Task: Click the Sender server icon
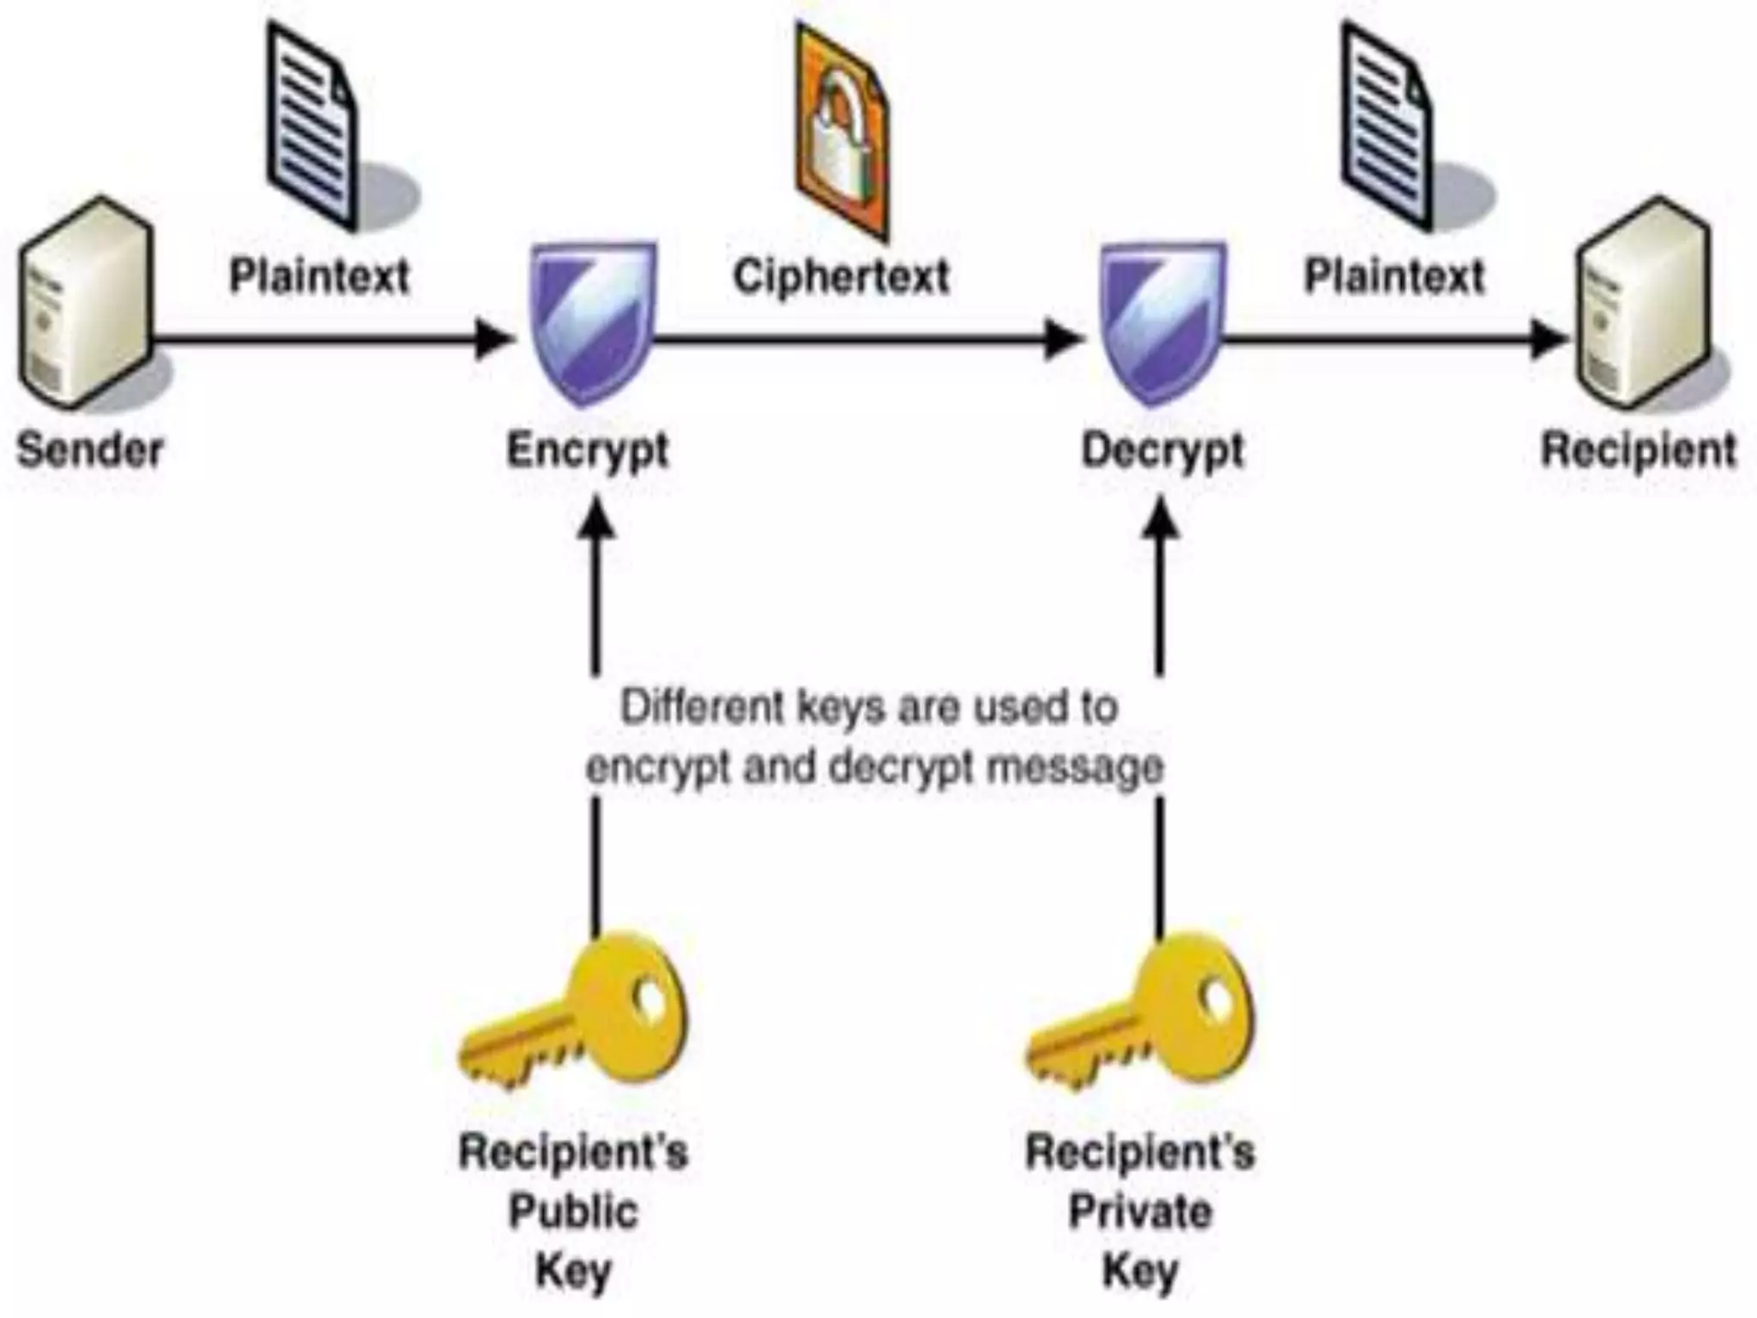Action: (x=86, y=305)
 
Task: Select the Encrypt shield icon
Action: (x=593, y=322)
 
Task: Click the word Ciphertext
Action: (x=841, y=276)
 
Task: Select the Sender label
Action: (x=90, y=450)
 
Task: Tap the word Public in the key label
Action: (x=573, y=1212)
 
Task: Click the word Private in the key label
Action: (x=1140, y=1212)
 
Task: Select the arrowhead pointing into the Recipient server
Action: (x=1549, y=339)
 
